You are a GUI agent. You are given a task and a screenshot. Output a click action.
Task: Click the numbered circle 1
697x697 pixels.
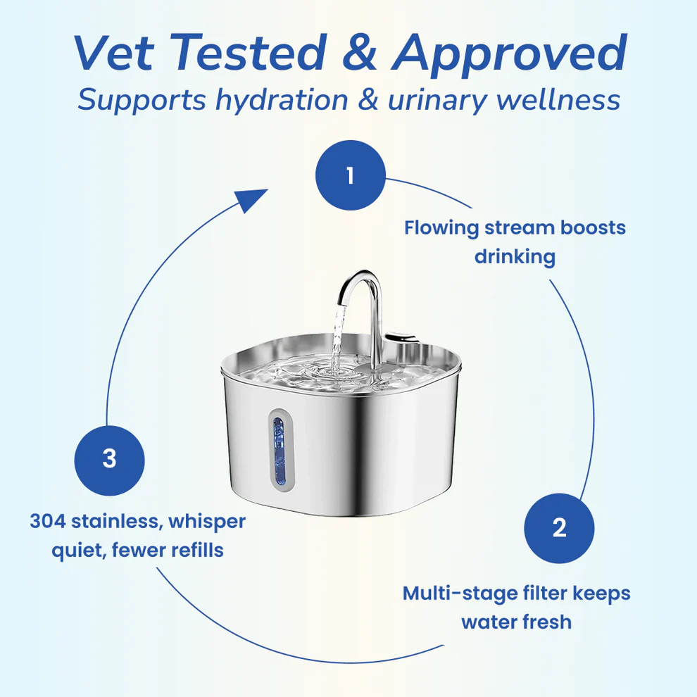click(351, 175)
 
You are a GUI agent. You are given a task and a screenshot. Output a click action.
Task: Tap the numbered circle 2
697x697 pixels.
click(559, 528)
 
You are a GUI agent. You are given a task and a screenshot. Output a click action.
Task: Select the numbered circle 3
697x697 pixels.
click(109, 459)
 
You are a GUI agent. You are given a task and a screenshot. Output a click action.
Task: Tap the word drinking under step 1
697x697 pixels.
click(515, 256)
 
